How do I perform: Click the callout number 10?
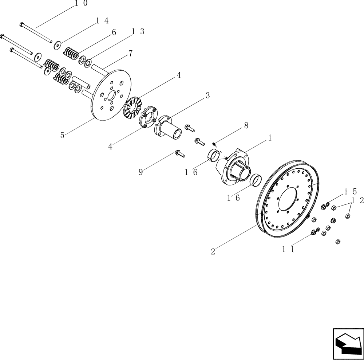(81, 3)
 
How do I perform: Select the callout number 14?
(102, 21)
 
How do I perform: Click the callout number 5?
(63, 135)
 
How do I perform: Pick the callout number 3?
(207, 95)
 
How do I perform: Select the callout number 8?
(246, 125)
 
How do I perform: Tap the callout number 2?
(213, 251)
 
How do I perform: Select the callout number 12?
(356, 201)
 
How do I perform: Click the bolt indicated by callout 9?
(180, 154)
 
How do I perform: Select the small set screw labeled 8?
(215, 144)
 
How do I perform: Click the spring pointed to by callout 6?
(71, 53)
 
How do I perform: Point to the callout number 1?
(270, 138)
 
